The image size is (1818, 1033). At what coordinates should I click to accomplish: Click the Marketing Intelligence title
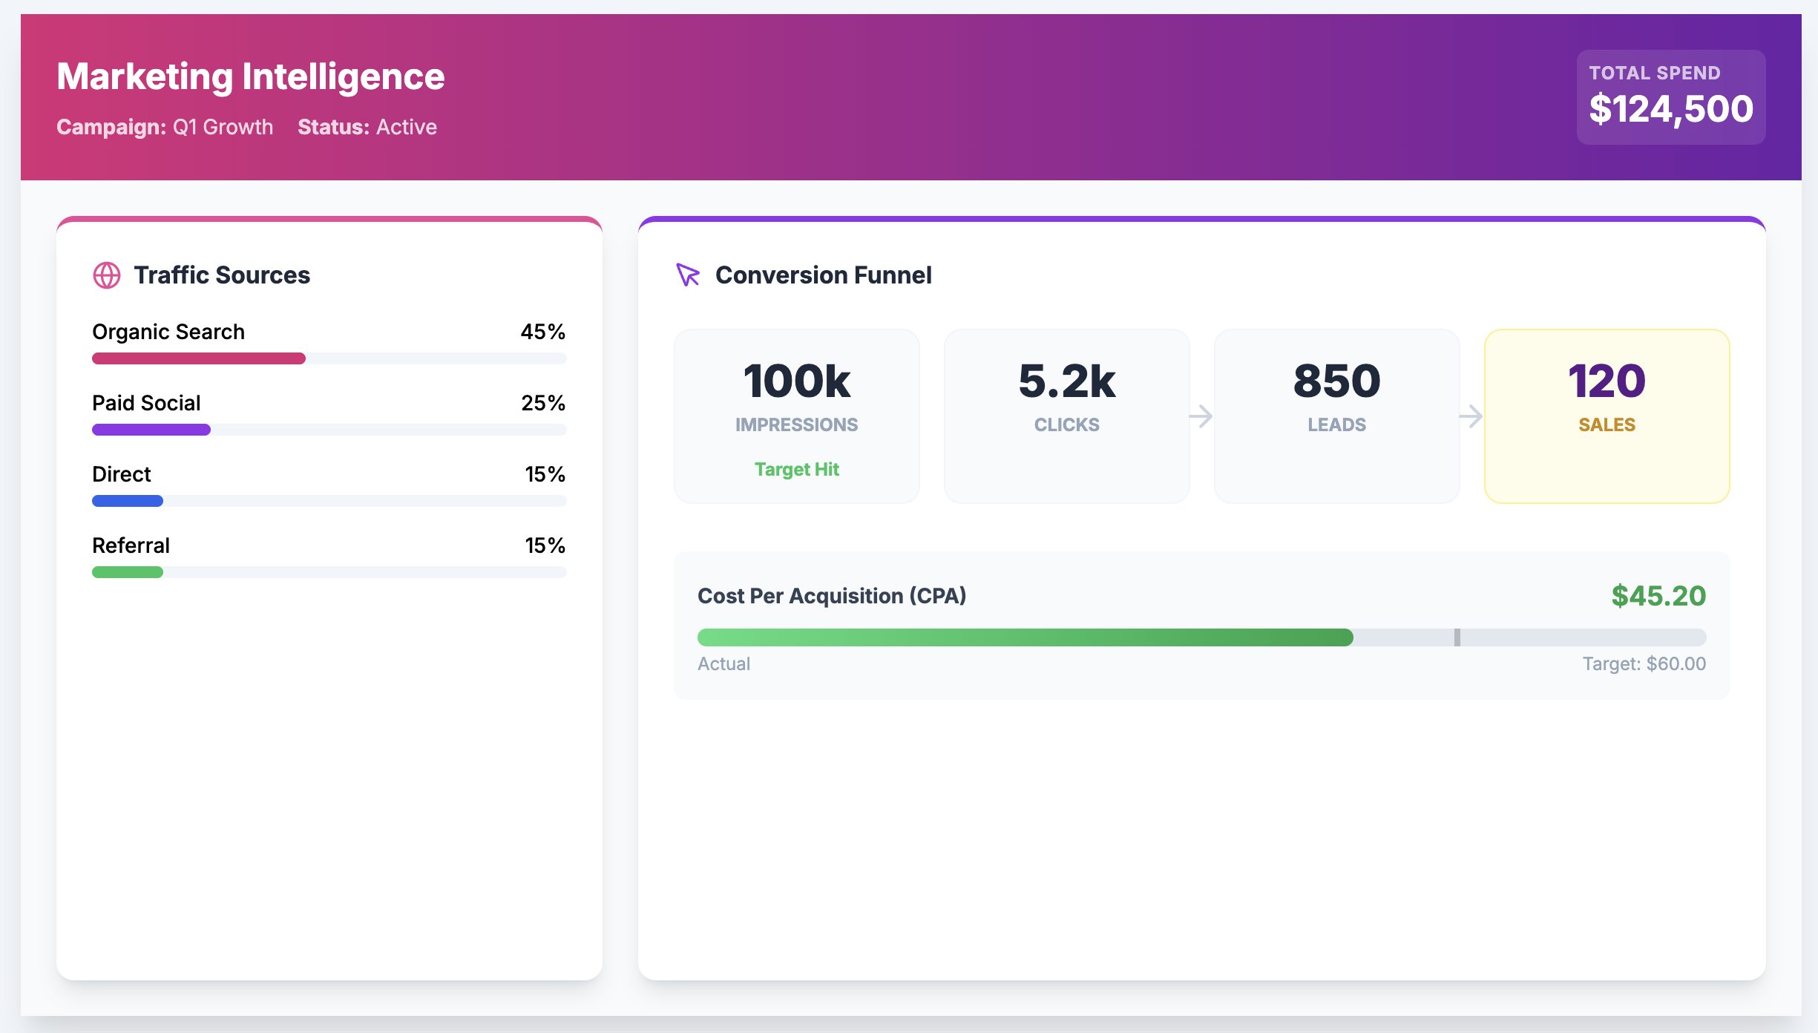[x=251, y=76]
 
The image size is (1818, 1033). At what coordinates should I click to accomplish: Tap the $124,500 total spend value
[x=1670, y=109]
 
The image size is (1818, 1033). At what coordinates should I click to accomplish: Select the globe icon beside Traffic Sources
[x=106, y=275]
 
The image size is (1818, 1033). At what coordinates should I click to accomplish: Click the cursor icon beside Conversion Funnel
[x=688, y=275]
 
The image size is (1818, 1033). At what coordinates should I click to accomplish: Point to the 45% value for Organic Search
[x=542, y=332]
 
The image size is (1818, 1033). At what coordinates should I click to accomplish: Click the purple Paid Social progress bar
[x=151, y=430]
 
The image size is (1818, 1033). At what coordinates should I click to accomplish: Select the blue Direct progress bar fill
[x=128, y=501]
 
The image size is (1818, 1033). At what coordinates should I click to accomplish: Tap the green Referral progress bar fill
[x=128, y=572]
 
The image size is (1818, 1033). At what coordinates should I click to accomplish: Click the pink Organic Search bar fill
[x=199, y=358]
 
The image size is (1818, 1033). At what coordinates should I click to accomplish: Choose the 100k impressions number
[x=796, y=381]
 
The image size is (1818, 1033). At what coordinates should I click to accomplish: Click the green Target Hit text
[x=796, y=469]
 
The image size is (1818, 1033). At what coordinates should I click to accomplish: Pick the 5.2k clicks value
[x=1066, y=381]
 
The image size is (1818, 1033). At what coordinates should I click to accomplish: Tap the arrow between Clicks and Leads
[x=1201, y=416]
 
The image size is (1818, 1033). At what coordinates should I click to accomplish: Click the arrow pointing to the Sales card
[x=1471, y=416]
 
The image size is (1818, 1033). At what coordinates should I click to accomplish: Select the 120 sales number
[x=1607, y=381]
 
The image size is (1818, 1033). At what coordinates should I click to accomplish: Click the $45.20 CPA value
[x=1658, y=596]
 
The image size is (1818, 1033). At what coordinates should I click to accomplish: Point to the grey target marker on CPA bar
[x=1457, y=637]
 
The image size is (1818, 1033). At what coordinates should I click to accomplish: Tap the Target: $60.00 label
[x=1644, y=663]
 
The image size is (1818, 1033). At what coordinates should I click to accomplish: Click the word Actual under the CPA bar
[x=723, y=663]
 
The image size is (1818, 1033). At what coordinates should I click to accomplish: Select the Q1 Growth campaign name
[x=223, y=127]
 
